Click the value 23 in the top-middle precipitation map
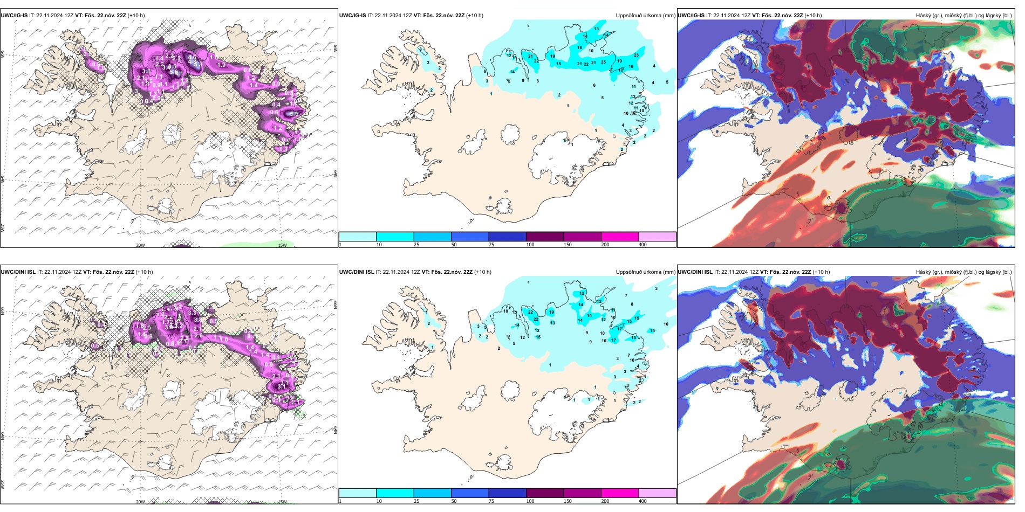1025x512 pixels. coord(636,55)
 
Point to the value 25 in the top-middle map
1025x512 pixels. coord(603,62)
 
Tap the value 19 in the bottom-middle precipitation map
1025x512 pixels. coord(551,312)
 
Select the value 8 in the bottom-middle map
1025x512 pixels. coord(632,305)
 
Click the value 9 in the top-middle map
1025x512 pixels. coord(523,81)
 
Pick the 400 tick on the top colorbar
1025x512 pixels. coord(643,245)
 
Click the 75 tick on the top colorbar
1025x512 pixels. coord(491,245)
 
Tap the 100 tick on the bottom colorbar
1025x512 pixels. coord(530,501)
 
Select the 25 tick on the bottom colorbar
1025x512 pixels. coord(416,501)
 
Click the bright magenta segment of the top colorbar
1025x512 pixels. coord(620,237)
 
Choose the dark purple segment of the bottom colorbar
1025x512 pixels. coord(545,493)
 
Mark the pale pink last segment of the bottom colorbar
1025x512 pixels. coord(657,493)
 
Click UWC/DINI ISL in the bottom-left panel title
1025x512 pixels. coord(18,272)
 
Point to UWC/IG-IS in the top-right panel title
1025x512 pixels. coord(691,16)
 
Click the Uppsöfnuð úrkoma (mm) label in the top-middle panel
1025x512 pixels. coord(645,16)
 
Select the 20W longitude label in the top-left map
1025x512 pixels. coord(140,245)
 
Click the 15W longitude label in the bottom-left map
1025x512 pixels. coord(282,502)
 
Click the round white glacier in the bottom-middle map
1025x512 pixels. coord(510,389)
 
